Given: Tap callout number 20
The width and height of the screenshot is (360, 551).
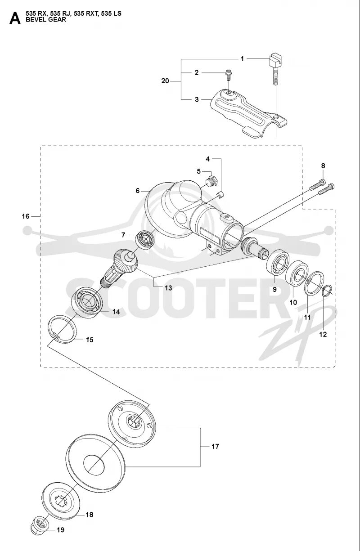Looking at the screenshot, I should pos(165,81).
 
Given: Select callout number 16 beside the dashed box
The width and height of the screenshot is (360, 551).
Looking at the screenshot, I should pos(25,216).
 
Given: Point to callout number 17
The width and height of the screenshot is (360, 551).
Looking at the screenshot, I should pos(215,447).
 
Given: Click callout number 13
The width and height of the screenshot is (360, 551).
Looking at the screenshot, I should pos(168,288).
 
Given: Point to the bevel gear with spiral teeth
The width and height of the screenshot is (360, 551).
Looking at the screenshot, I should pos(122,265).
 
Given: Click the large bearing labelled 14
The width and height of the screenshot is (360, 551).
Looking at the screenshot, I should pos(87,301).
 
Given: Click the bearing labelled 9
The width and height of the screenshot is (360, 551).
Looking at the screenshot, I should pos(278,265).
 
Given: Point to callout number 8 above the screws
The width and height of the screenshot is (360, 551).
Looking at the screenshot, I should pos(323,166).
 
